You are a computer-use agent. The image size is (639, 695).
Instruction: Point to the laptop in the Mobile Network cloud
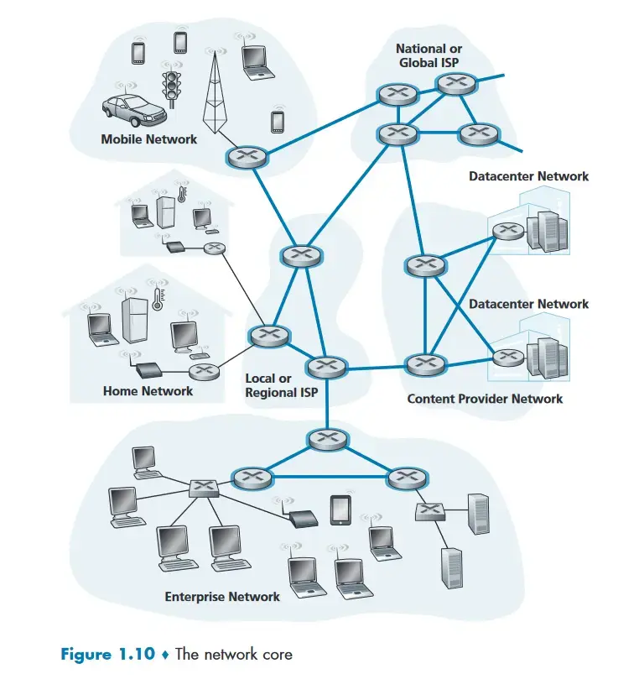tap(254, 60)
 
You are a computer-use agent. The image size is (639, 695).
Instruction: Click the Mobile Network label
tap(148, 139)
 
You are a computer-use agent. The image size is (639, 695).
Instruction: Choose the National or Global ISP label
tap(429, 55)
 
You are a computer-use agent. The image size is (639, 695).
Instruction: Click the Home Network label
tap(148, 390)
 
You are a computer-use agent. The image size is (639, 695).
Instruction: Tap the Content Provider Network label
tap(485, 398)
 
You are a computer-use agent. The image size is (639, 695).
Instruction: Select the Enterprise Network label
tap(222, 596)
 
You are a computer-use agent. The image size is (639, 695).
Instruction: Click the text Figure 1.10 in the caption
tap(108, 654)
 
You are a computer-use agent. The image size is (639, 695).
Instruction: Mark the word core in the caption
tap(276, 654)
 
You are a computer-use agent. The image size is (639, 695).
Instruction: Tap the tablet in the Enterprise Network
tap(339, 509)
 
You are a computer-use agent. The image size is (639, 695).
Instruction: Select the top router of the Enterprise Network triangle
tap(324, 438)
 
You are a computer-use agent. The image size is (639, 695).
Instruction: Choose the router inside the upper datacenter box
tap(507, 230)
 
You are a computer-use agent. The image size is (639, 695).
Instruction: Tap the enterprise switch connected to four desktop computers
tap(203, 486)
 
